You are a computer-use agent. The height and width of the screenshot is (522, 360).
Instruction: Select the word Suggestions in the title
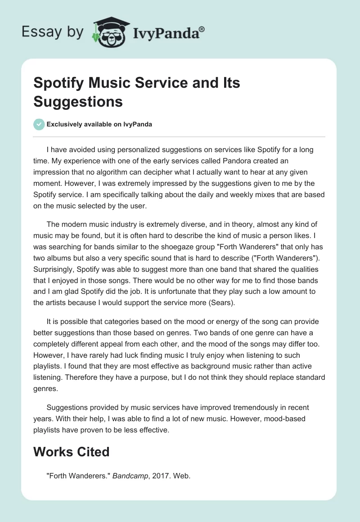(78, 101)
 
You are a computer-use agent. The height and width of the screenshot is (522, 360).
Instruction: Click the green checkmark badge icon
(39, 124)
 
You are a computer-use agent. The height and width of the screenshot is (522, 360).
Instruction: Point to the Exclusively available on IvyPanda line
(99, 124)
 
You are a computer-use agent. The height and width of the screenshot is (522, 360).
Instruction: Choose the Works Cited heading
(71, 451)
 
